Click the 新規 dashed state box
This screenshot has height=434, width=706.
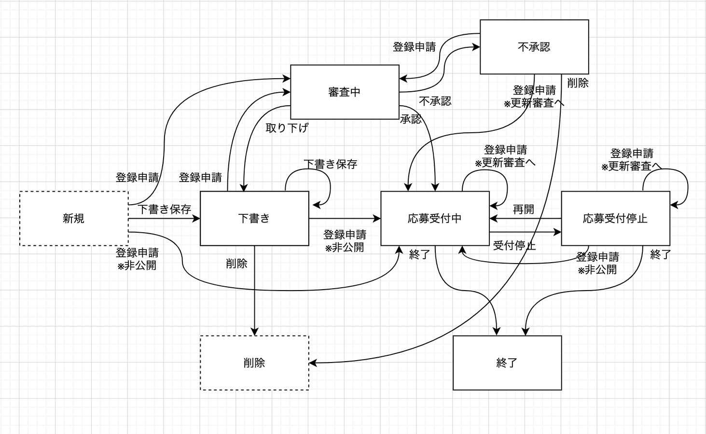click(73, 219)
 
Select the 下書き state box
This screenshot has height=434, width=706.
click(254, 219)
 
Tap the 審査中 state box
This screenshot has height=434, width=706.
click(345, 92)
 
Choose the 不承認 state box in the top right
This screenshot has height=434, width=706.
click(534, 47)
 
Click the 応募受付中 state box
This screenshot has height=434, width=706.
click(435, 219)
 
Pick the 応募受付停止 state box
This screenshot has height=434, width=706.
click(615, 219)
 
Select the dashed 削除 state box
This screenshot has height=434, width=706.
click(254, 363)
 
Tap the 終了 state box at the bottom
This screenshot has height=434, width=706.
click(507, 363)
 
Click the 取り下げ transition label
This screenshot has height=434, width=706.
click(287, 128)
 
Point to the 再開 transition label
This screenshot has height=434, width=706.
click(523, 210)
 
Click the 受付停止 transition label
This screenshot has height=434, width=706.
click(514, 246)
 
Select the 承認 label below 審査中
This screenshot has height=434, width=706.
click(411, 119)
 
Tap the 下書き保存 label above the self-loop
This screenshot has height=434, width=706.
click(331, 164)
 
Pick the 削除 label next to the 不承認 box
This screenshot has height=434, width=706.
click(578, 83)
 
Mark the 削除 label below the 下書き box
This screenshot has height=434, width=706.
click(236, 264)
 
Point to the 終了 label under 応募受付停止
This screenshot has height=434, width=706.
click(661, 254)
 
